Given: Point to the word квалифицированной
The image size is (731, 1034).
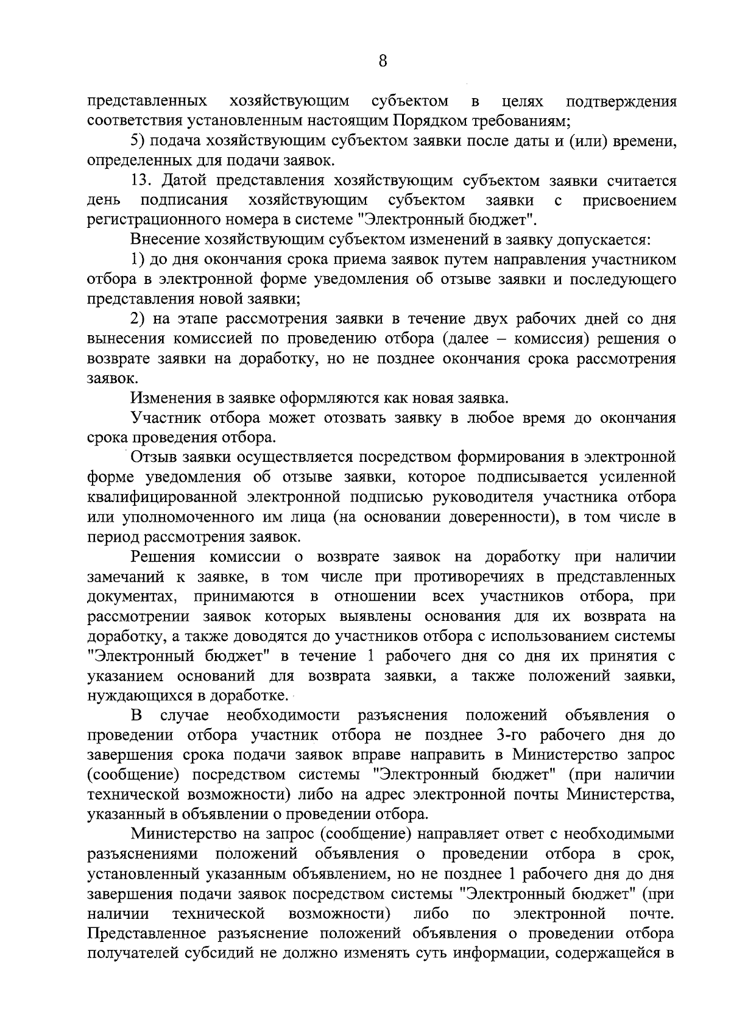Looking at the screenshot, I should pyautogui.click(x=162, y=497).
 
